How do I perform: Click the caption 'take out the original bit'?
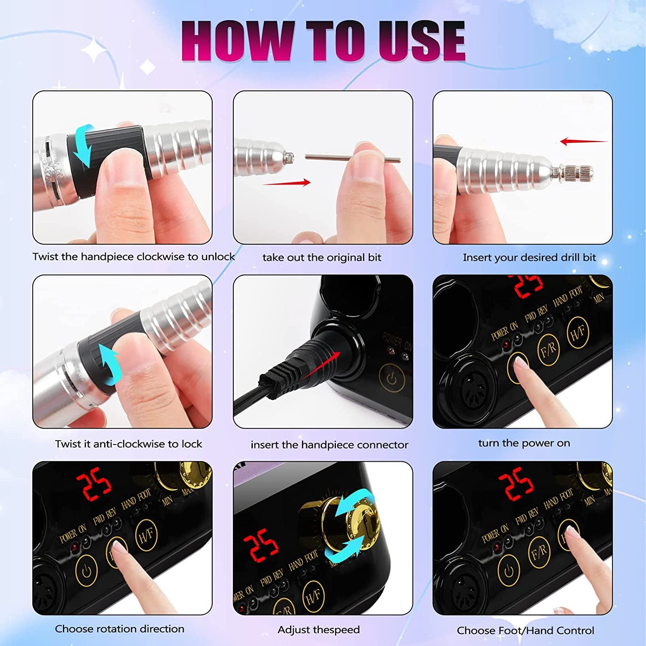pyautogui.click(x=322, y=258)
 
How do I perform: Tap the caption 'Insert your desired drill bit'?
pyautogui.click(x=529, y=258)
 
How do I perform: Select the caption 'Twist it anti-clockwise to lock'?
pyautogui.click(x=128, y=444)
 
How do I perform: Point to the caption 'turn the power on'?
pyautogui.click(x=524, y=443)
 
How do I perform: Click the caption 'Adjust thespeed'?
pyautogui.click(x=318, y=630)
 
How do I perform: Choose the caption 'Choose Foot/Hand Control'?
pyautogui.click(x=525, y=630)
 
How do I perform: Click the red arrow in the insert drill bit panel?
pyautogui.click(x=584, y=141)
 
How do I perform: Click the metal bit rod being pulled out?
pyautogui.click(x=352, y=158)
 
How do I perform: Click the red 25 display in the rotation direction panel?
pyautogui.click(x=93, y=484)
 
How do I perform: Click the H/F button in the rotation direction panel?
pyautogui.click(x=146, y=535)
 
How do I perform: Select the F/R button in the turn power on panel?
pyautogui.click(x=548, y=350)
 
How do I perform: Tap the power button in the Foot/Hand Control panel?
pyautogui.click(x=509, y=571)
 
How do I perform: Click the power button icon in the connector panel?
pyautogui.click(x=391, y=379)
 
